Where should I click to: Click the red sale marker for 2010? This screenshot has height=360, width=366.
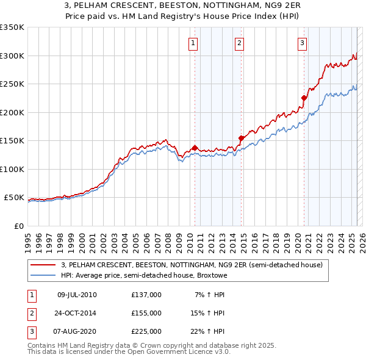click(x=195, y=148)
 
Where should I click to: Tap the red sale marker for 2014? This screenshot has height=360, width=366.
click(x=242, y=138)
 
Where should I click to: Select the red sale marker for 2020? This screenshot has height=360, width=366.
click(x=304, y=98)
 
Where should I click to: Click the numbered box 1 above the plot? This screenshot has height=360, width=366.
click(x=193, y=43)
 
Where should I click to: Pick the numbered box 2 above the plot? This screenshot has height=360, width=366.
click(x=239, y=43)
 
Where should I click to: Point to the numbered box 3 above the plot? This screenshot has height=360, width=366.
click(x=302, y=43)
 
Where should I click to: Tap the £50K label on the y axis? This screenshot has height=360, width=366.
click(x=14, y=198)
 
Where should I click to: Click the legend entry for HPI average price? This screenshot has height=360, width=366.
click(x=144, y=275)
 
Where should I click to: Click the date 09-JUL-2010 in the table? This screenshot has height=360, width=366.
click(x=77, y=295)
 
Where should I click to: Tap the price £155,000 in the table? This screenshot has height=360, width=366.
click(x=146, y=313)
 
